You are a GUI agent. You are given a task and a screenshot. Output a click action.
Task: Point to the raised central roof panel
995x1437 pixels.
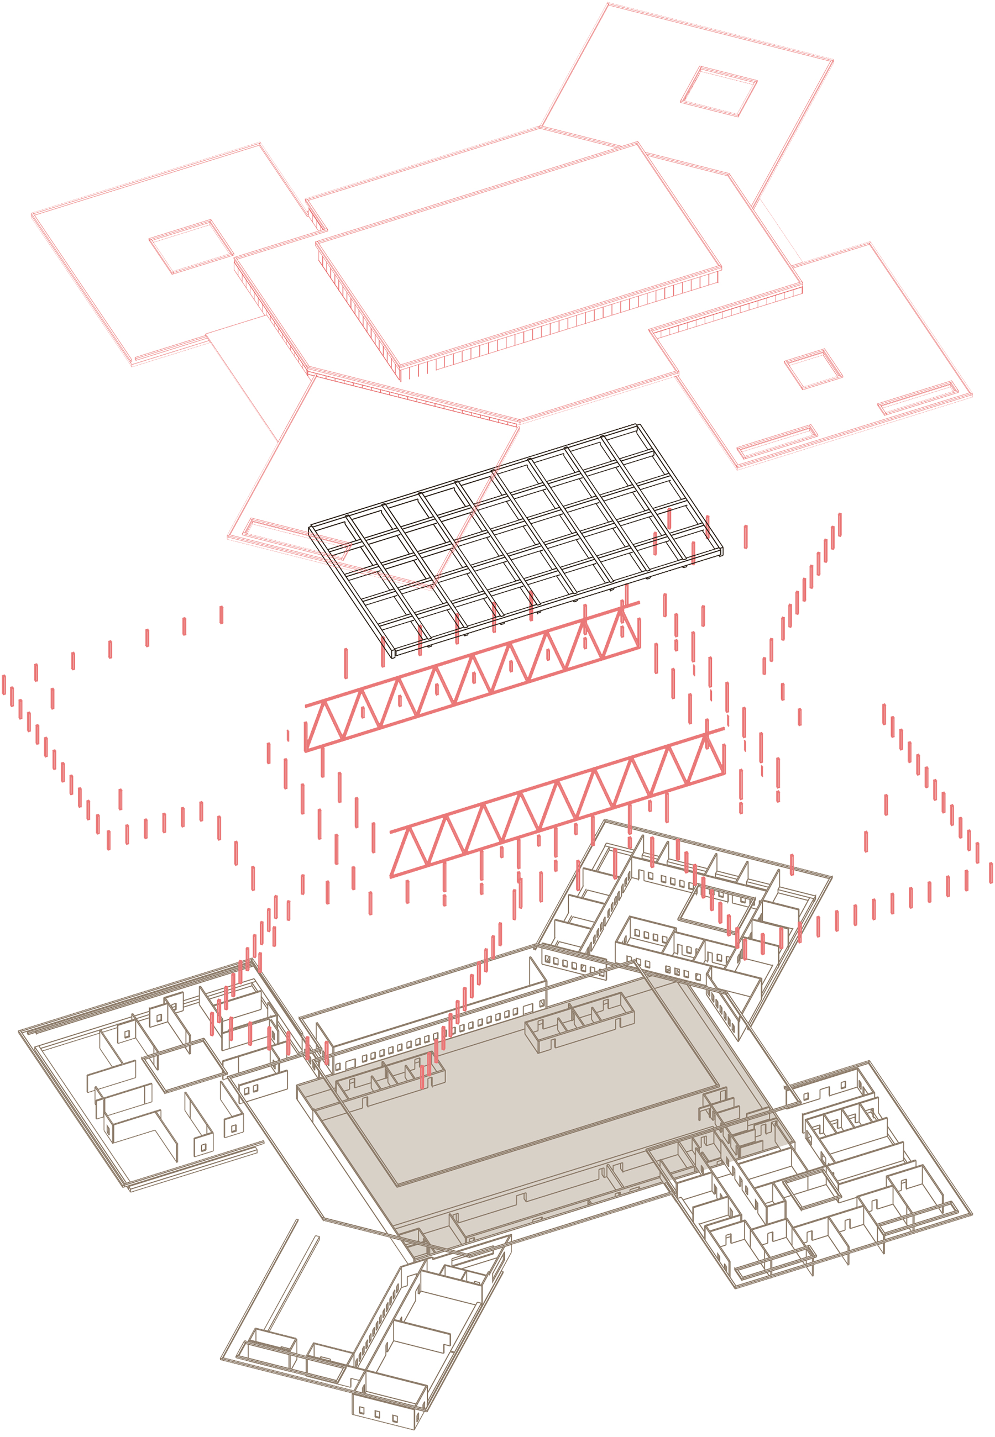pos(517,255)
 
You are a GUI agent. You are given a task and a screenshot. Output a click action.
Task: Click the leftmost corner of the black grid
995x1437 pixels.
pos(312,530)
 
